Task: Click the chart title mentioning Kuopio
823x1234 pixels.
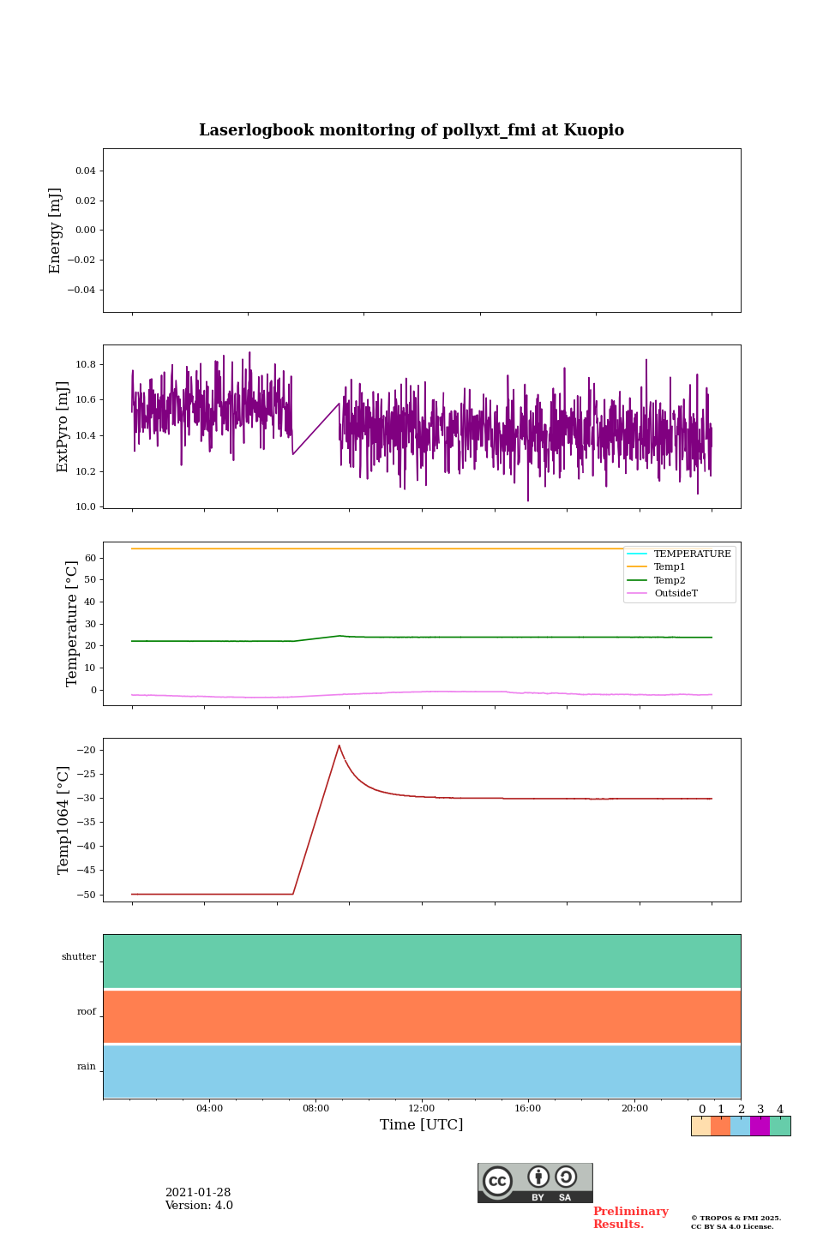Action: (x=411, y=130)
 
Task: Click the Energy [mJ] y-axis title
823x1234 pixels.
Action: (x=56, y=231)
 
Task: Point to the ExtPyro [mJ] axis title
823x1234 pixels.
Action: (x=63, y=427)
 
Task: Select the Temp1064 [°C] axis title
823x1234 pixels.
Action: (x=63, y=820)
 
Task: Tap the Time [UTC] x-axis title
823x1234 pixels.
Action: (x=421, y=1124)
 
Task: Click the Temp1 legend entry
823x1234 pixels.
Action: (x=669, y=567)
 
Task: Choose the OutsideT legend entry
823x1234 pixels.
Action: (x=676, y=594)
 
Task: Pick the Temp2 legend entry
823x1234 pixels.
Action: (x=669, y=581)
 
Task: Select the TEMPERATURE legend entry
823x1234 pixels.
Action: (x=692, y=554)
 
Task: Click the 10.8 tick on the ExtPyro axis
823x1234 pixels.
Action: (x=86, y=365)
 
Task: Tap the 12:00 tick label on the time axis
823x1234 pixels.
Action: (x=421, y=1109)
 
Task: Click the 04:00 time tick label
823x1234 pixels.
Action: (x=209, y=1109)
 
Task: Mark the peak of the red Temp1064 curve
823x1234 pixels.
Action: (x=339, y=746)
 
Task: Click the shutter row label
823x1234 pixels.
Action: (x=79, y=957)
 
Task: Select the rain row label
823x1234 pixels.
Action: (x=87, y=1067)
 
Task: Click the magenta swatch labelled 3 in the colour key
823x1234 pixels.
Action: (x=760, y=1126)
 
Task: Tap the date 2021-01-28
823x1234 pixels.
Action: (x=198, y=1193)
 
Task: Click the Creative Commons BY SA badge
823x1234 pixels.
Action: (x=535, y=1183)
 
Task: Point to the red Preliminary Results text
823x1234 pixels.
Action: (x=630, y=1218)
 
